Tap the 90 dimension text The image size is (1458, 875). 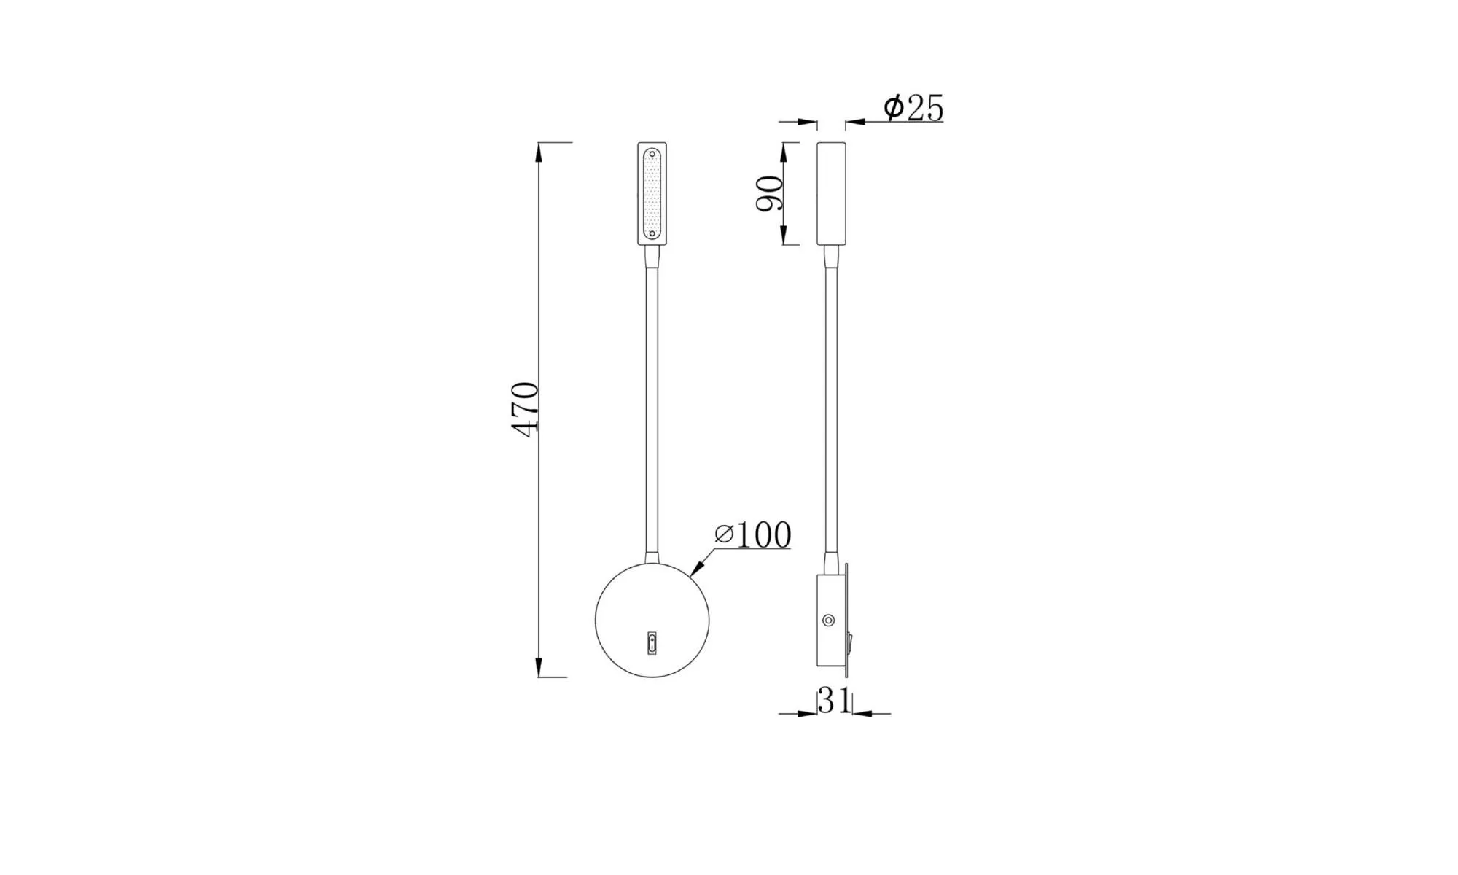pyautogui.click(x=770, y=193)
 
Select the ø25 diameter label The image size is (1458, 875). pyautogui.click(x=913, y=108)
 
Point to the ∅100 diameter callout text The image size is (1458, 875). pyautogui.click(x=753, y=534)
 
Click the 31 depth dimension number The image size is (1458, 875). pyautogui.click(x=834, y=701)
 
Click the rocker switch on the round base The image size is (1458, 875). pyautogui.click(x=652, y=643)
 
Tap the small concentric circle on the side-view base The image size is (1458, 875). pyautogui.click(x=828, y=621)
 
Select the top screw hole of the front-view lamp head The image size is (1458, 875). pyautogui.click(x=652, y=155)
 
